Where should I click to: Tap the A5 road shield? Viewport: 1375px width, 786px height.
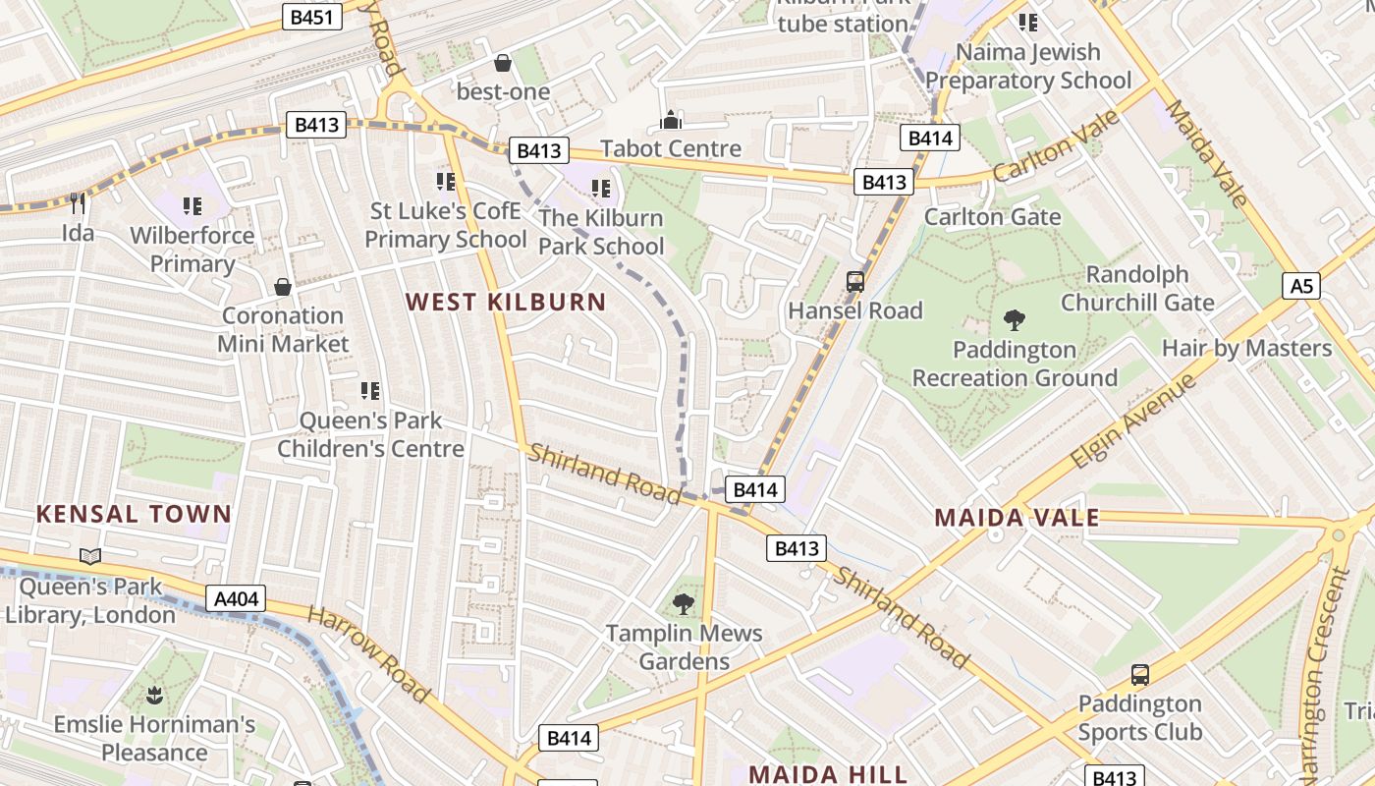pyautogui.click(x=1300, y=286)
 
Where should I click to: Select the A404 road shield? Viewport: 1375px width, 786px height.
pyautogui.click(x=236, y=598)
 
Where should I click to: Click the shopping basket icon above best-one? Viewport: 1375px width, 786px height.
pyautogui.click(x=503, y=63)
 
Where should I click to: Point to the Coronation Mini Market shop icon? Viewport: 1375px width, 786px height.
pyautogui.click(x=283, y=287)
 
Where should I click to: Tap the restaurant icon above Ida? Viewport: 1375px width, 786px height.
pyautogui.click(x=79, y=203)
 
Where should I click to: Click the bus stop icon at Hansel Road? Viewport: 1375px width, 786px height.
pyautogui.click(x=855, y=282)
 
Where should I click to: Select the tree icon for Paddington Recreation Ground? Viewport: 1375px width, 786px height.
pyautogui.click(x=1015, y=319)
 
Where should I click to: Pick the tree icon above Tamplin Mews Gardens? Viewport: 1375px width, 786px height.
pyautogui.click(x=684, y=603)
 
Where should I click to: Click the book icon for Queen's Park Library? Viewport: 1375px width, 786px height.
pyautogui.click(x=90, y=557)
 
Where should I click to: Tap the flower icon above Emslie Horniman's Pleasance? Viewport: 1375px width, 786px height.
pyautogui.click(x=154, y=697)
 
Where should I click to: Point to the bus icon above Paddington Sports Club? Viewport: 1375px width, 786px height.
pyautogui.click(x=1140, y=675)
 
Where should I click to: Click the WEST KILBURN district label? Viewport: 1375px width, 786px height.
pyautogui.click(x=507, y=302)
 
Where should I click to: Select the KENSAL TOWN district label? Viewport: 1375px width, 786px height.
pyautogui.click(x=134, y=513)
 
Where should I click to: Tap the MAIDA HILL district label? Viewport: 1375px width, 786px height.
pyautogui.click(x=828, y=773)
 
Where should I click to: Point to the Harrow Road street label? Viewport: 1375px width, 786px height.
pyautogui.click(x=368, y=654)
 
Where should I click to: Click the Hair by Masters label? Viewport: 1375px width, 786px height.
pyautogui.click(x=1246, y=348)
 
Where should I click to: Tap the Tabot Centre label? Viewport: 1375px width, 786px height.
pyautogui.click(x=671, y=148)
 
